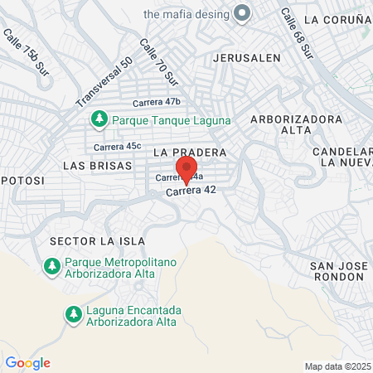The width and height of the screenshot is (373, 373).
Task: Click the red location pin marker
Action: click(x=186, y=169)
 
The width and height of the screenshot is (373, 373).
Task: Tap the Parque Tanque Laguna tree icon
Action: click(x=99, y=119)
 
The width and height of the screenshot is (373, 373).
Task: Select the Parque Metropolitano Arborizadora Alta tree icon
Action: click(x=51, y=265)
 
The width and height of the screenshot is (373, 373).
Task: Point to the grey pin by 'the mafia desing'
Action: click(x=242, y=14)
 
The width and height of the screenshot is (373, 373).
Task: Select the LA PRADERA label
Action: click(x=190, y=153)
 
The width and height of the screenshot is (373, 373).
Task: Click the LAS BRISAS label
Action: click(x=97, y=165)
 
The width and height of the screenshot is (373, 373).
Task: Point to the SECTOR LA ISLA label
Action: click(x=91, y=240)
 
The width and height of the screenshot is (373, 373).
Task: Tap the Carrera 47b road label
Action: click(x=157, y=102)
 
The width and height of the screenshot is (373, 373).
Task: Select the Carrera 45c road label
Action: click(x=117, y=147)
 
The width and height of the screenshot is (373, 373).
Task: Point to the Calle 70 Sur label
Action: click(x=159, y=63)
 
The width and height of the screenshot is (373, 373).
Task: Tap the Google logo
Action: click(x=27, y=362)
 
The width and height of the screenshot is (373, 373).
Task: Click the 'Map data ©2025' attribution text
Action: click(x=338, y=366)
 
